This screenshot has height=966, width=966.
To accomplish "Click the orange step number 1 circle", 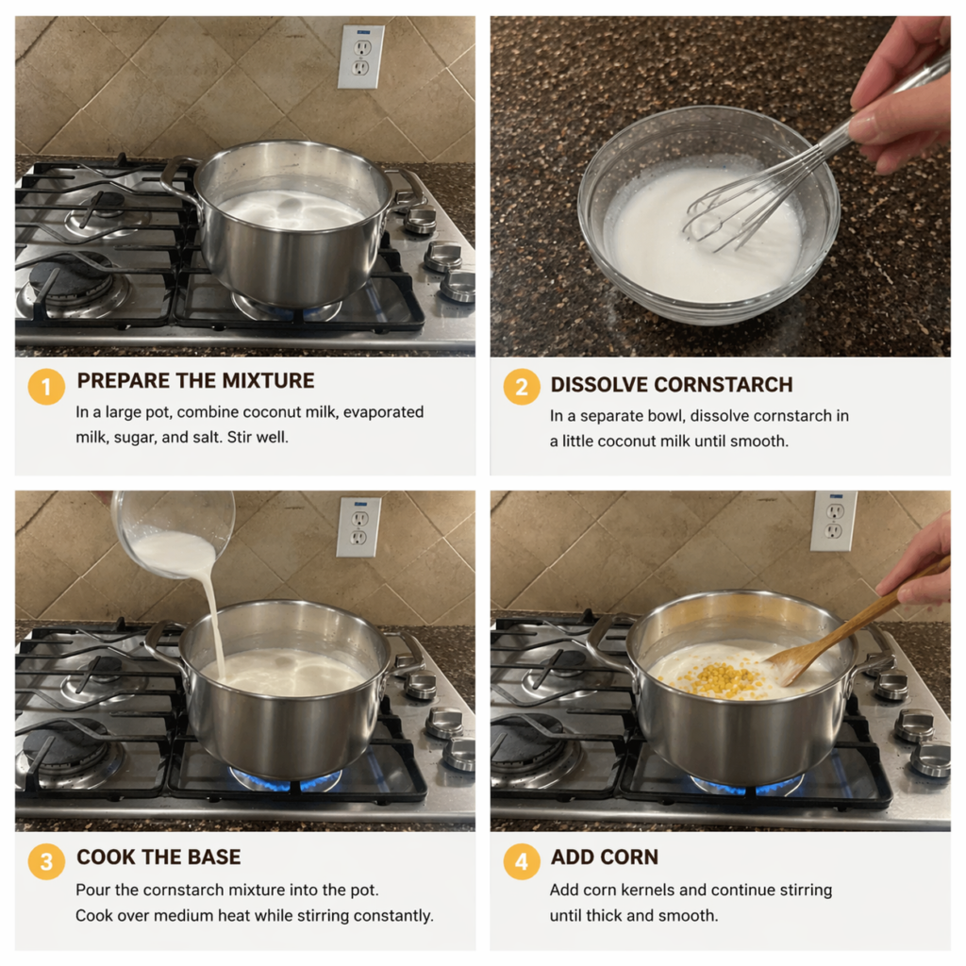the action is click(46, 387).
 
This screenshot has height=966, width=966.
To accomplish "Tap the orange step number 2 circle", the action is click(521, 387).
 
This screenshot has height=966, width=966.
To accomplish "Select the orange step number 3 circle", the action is click(46, 861).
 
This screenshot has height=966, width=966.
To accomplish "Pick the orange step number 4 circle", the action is click(521, 861).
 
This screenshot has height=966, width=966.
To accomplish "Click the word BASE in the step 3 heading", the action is click(215, 857).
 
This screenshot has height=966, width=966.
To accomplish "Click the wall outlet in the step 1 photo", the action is click(361, 57).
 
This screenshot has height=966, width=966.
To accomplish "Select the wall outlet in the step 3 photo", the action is click(358, 526).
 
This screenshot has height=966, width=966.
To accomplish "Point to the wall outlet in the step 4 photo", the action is click(834, 521).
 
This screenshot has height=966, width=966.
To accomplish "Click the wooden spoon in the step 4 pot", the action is click(857, 623).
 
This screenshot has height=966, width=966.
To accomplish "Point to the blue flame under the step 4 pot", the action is click(747, 785).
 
